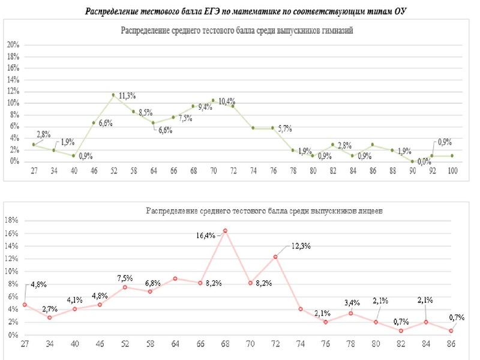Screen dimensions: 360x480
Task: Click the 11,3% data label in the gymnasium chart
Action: coord(127,95)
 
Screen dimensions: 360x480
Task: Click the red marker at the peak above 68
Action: coord(225,230)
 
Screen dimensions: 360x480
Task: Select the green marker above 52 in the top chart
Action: coord(113,95)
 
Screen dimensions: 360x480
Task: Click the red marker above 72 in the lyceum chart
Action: coord(275,257)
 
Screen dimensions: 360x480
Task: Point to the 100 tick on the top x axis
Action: coord(452,171)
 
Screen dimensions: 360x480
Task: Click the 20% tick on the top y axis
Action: coord(13,45)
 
